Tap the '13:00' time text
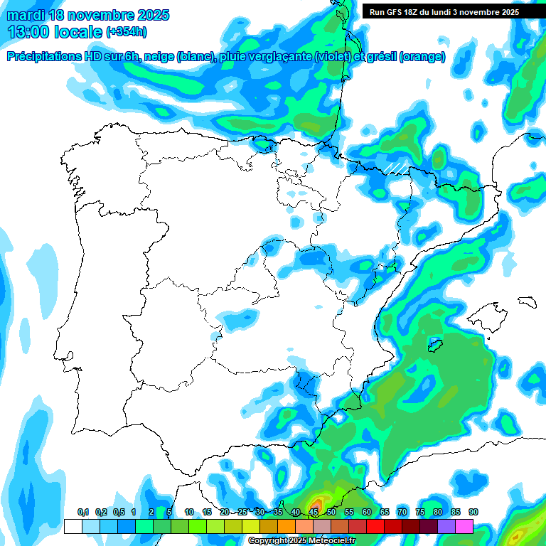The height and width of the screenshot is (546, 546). pos(29,32)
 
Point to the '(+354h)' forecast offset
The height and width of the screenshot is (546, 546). pos(126,32)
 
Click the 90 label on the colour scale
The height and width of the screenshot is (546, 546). pos(473,512)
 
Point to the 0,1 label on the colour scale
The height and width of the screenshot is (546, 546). pos(82,512)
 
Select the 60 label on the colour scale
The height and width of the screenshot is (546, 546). pos(366,512)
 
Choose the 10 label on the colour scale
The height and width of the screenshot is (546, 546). pos(188,512)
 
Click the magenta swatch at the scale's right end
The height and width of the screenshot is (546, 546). pos(464,527)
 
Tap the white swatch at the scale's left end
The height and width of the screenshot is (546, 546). pos(73,527)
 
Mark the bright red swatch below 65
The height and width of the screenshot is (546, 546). pos(375,527)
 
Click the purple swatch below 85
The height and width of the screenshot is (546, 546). pos(446,527)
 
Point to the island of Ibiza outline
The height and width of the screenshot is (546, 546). pos(435,346)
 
